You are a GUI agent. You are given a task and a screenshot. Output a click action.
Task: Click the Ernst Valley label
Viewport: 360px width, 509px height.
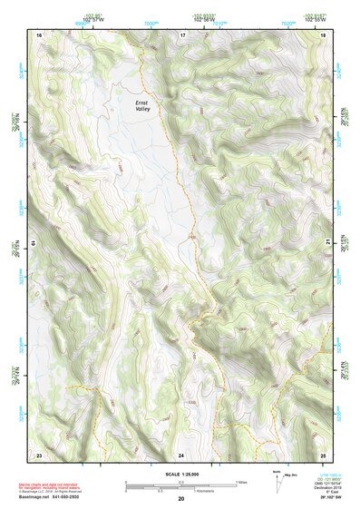pyautogui.click(x=142, y=107)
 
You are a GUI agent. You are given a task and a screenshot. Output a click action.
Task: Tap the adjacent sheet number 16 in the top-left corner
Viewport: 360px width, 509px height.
pyautogui.click(x=39, y=34)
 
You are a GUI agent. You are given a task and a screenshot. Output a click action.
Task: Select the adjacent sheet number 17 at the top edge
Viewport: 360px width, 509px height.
pyautogui.click(x=182, y=34)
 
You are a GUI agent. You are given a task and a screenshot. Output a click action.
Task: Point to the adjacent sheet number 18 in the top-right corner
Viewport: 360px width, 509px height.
pyautogui.click(x=324, y=34)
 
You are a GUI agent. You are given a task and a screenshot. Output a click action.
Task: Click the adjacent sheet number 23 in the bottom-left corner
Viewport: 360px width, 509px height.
pyautogui.click(x=39, y=454)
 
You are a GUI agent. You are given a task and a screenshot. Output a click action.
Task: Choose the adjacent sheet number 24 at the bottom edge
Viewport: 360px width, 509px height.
pyautogui.click(x=181, y=454)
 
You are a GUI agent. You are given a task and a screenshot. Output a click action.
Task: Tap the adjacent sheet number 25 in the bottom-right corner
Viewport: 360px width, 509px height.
pyautogui.click(x=323, y=454)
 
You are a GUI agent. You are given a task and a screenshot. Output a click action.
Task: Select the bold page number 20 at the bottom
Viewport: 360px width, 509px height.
pyautogui.click(x=181, y=499)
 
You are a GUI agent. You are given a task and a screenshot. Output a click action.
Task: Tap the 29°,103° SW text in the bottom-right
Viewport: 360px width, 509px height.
pyautogui.click(x=333, y=499)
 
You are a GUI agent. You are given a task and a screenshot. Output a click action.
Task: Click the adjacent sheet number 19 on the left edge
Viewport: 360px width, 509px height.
pyautogui.click(x=34, y=243)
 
